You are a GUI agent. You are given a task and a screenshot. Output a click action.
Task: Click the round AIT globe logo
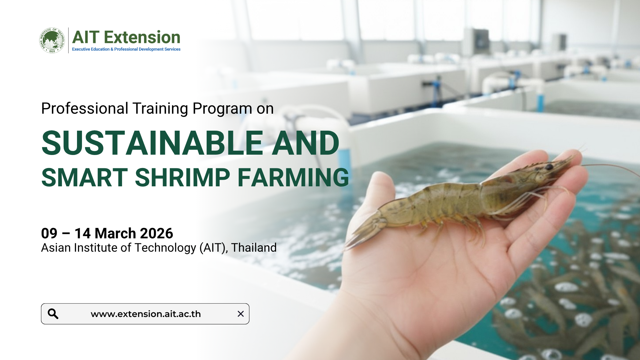52,40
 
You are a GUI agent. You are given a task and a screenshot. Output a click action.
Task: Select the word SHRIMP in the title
182,177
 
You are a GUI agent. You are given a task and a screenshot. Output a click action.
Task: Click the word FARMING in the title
293,177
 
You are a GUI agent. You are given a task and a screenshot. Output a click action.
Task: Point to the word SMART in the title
85,177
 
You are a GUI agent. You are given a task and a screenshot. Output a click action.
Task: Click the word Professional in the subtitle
85,109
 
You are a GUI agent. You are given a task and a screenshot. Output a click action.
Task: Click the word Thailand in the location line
254,248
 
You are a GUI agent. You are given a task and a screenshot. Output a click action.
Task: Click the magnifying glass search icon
53,314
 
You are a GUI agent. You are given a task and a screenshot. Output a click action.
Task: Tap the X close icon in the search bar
241,314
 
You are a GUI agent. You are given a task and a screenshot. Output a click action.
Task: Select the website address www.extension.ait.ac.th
146,314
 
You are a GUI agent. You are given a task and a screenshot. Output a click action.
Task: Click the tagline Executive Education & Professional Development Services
126,49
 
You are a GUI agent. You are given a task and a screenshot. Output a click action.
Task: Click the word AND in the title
306,143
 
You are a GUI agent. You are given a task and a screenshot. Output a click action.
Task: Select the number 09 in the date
49,233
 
